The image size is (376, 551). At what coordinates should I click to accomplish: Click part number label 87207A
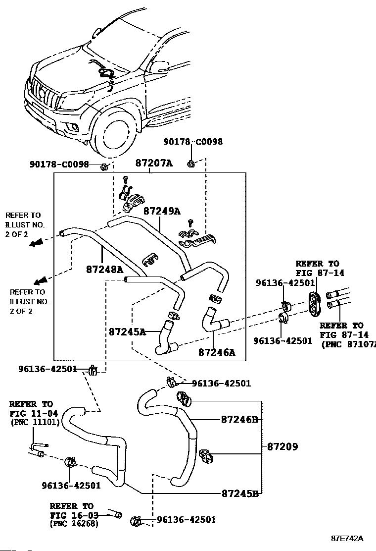coord(154,163)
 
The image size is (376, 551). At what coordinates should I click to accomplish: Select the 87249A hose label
coord(162,211)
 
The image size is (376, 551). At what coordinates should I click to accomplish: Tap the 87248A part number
coord(104,270)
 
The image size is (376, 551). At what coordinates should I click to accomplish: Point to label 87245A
coord(127,331)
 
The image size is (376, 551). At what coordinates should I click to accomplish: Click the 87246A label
coord(217,352)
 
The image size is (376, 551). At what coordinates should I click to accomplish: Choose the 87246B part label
coord(239,419)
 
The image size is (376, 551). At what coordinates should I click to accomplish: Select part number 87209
coord(282,446)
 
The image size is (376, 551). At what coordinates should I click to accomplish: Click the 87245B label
coord(240,494)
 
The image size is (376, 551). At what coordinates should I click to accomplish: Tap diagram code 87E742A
coord(347,538)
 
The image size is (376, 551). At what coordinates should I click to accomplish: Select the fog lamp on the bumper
coord(74,127)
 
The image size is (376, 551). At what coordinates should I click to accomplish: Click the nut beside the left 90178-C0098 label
coord(103,166)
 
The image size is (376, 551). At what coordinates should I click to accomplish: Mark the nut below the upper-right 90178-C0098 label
coord(191,164)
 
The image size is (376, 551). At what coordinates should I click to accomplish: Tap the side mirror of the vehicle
coord(160,66)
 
